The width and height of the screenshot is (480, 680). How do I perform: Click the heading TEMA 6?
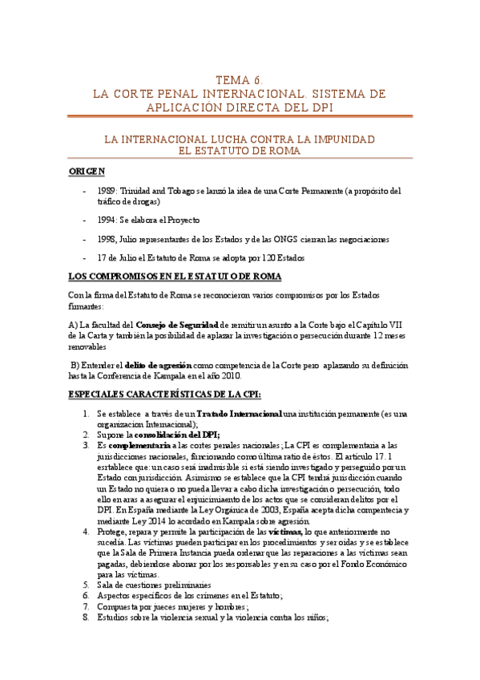click(x=240, y=80)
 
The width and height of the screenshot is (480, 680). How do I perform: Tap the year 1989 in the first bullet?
click(x=106, y=192)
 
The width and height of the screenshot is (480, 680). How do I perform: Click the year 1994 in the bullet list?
click(x=106, y=220)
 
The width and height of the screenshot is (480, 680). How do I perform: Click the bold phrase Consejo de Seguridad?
click(x=177, y=324)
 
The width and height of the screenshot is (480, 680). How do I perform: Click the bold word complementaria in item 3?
click(x=139, y=444)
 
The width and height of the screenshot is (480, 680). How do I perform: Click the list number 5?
click(x=87, y=585)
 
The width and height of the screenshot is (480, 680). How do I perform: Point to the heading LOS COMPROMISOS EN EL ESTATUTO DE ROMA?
click(x=175, y=277)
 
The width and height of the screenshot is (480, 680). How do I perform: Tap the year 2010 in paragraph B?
click(x=250, y=376)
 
